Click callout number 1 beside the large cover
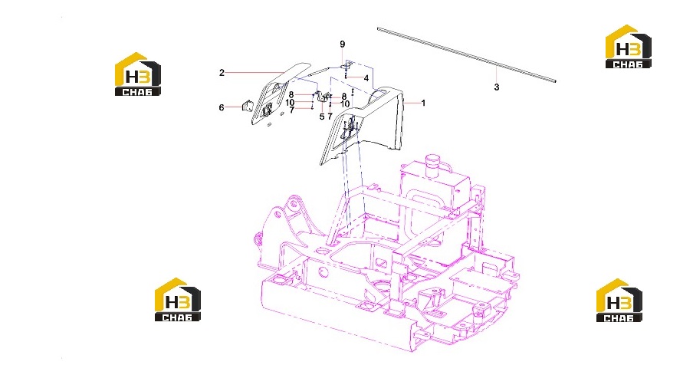pyautogui.click(x=423, y=103)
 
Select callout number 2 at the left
pyautogui.click(x=222, y=73)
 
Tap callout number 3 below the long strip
pyautogui.click(x=497, y=87)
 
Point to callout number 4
pyautogui.click(x=366, y=78)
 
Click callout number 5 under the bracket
pyautogui.click(x=322, y=117)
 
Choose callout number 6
pyautogui.click(x=222, y=107)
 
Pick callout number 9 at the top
pyautogui.click(x=342, y=44)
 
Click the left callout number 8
pyautogui.click(x=291, y=95)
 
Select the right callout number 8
pyautogui.click(x=344, y=96)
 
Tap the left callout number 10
pyautogui.click(x=290, y=103)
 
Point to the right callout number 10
pyautogui.click(x=345, y=104)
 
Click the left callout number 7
pyautogui.click(x=292, y=110)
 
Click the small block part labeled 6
pyautogui.click(x=247, y=106)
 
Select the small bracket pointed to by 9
pyautogui.click(x=345, y=66)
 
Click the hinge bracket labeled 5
pyautogui.click(x=323, y=97)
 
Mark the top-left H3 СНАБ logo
pyautogui.click(x=137, y=74)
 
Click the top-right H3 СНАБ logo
pyautogui.click(x=628, y=47)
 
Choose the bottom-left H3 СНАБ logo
pyautogui.click(x=177, y=299)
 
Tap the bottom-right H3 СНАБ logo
pyautogui.click(x=619, y=301)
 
